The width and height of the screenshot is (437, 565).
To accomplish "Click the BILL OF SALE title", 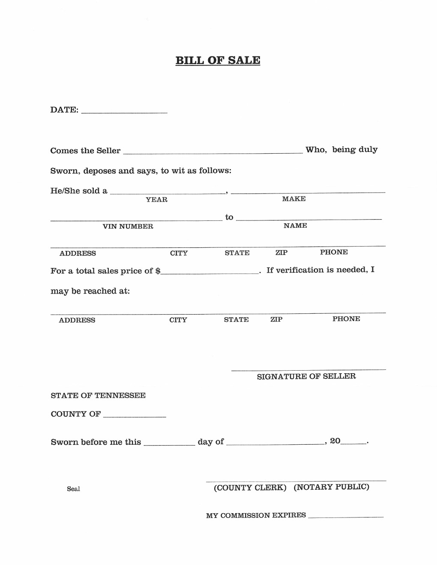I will click(218, 60).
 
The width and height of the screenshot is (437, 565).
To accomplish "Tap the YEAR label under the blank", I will click(156, 199).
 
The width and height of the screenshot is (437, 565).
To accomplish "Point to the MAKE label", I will click(294, 199).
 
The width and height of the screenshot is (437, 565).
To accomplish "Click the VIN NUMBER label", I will click(128, 226).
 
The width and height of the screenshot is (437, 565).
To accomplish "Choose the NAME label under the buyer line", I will click(295, 226).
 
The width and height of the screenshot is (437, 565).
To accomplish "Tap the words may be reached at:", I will click(90, 291).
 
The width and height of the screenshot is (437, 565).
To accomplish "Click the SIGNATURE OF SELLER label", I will click(306, 376).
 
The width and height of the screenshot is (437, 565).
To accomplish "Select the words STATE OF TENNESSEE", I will click(98, 395).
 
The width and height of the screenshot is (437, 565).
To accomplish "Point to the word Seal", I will click(73, 489).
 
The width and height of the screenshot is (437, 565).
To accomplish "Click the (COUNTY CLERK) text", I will click(250, 488).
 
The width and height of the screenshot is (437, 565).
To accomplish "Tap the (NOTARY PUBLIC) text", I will click(331, 487).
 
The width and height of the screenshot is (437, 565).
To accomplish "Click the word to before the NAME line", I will click(229, 217).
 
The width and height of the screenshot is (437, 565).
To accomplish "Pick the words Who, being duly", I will click(341, 149).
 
